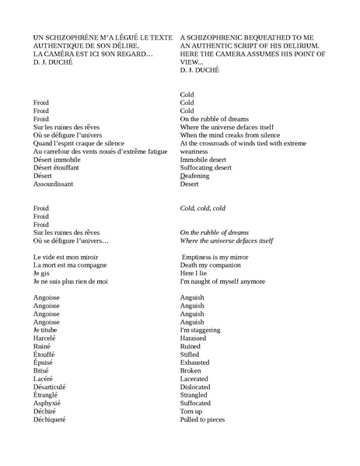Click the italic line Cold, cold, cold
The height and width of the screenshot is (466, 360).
point(202,208)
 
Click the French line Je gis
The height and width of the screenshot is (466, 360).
point(41,273)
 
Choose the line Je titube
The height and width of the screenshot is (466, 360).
point(46,330)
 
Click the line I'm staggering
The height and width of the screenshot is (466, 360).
point(201,330)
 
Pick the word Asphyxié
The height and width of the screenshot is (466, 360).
point(47,404)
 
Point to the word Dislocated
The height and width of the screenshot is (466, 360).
point(197,387)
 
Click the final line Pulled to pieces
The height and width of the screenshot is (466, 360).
point(202,420)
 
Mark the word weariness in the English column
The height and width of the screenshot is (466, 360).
point(197,151)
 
